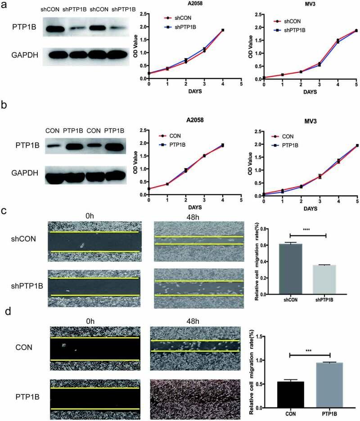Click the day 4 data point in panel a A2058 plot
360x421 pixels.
[x=222, y=30]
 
